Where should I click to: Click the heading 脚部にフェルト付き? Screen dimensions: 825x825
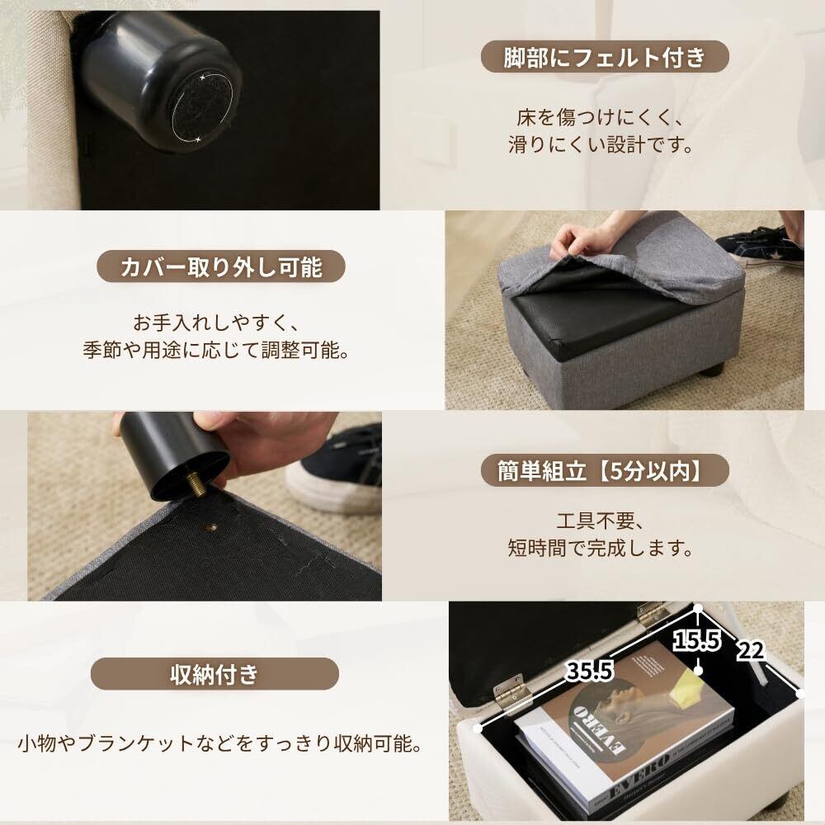point(605,57)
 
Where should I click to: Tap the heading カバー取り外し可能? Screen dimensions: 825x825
point(221,266)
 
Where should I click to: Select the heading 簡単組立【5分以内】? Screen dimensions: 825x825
point(604,470)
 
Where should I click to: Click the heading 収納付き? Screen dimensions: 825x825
point(214,674)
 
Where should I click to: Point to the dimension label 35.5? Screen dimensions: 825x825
point(589,672)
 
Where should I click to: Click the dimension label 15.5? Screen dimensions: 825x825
point(696,640)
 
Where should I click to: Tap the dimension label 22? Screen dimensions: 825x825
point(750,651)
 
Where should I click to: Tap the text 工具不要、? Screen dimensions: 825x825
point(601,521)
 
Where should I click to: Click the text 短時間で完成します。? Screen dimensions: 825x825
point(601,548)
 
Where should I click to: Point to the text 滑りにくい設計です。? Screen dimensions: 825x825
point(601,144)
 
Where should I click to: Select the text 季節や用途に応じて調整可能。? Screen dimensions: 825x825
point(216,350)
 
